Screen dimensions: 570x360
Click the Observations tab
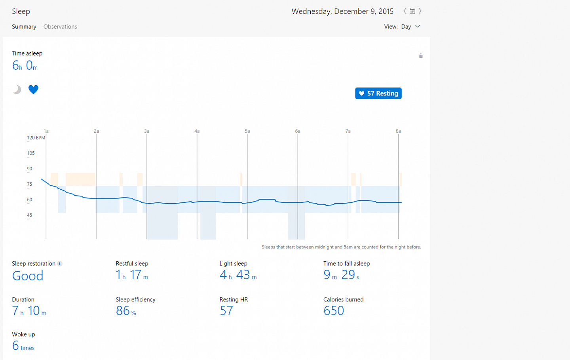[60, 27]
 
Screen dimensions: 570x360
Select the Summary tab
[24, 27]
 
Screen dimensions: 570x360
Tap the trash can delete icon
[421, 56]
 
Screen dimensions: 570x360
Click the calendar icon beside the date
[412, 11]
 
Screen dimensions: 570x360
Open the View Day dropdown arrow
[418, 27]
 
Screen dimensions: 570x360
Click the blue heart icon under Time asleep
[33, 90]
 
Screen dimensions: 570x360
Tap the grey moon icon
[17, 90]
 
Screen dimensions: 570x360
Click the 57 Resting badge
[378, 93]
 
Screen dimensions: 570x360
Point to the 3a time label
[146, 131]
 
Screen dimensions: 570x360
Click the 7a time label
[348, 131]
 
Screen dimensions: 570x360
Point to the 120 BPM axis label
[36, 138]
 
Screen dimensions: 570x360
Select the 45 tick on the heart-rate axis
[30, 215]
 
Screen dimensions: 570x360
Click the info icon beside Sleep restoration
[60, 264]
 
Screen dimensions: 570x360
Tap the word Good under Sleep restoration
[28, 276]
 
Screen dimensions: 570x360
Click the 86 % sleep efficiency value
[126, 310]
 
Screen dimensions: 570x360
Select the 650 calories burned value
[334, 310]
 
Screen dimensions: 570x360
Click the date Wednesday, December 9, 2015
[342, 11]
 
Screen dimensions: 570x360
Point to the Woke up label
[23, 334]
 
